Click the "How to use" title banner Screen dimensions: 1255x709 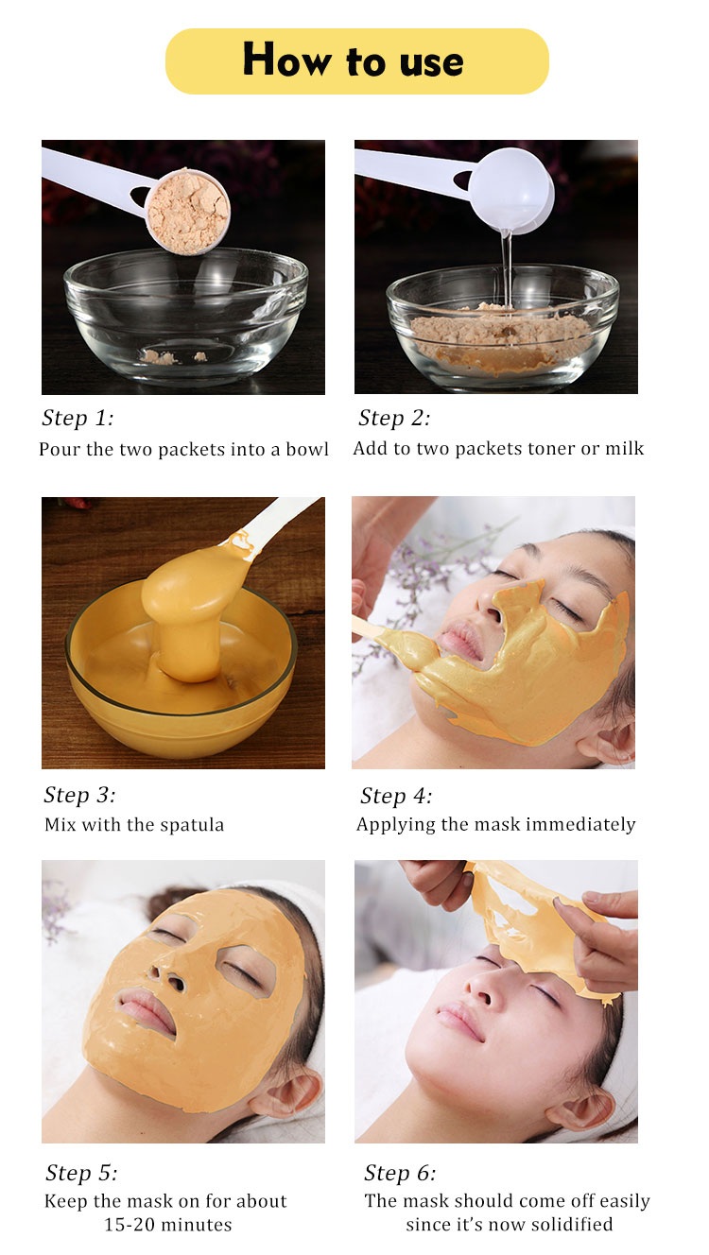(x=356, y=61)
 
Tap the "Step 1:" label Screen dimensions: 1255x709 (x=78, y=419)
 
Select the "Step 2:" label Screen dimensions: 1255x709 (x=394, y=419)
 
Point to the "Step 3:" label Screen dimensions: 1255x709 (x=79, y=795)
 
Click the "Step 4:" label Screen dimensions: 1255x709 (x=396, y=796)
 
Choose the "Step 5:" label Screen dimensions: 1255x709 (x=81, y=1173)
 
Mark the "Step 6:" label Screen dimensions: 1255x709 (x=400, y=1173)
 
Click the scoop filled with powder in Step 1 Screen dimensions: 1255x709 (x=188, y=212)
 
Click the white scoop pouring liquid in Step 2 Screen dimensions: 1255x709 (x=510, y=189)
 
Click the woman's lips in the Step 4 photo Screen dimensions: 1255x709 (x=460, y=643)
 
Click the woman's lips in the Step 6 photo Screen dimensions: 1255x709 (x=461, y=1020)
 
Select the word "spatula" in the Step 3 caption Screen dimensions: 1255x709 (x=193, y=825)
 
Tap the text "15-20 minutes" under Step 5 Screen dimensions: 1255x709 (x=167, y=1225)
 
